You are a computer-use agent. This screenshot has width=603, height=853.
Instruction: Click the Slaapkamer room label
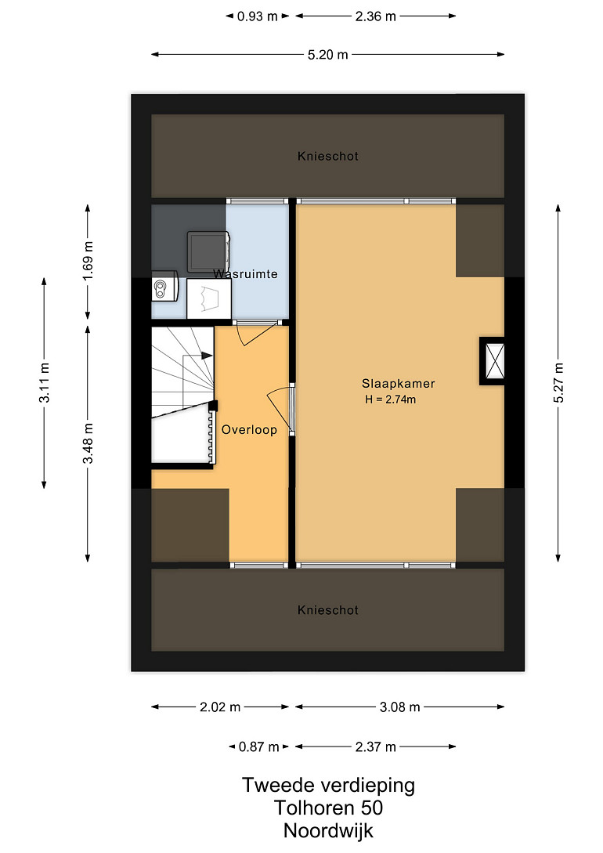click(x=398, y=384)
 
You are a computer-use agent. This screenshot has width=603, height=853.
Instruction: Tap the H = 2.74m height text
click(x=391, y=399)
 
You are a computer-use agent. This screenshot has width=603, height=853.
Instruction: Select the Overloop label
click(x=249, y=430)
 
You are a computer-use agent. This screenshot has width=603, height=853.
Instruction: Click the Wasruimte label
click(x=245, y=273)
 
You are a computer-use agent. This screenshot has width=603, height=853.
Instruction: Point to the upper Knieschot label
click(x=328, y=156)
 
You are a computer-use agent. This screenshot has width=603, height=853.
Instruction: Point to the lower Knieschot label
click(x=328, y=610)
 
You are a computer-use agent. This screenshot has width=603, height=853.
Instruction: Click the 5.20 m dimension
click(x=328, y=54)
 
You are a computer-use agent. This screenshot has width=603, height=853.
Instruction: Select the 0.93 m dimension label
click(x=257, y=16)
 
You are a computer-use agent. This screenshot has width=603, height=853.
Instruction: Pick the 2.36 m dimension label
click(x=376, y=16)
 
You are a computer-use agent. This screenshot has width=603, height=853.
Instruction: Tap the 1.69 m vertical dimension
click(x=88, y=261)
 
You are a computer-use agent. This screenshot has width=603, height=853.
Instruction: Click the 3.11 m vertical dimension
click(x=44, y=382)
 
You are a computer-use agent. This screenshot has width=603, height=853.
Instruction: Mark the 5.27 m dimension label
click(x=558, y=382)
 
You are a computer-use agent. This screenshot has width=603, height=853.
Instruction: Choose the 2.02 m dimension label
click(x=220, y=707)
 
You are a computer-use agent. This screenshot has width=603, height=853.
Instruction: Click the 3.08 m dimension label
click(x=399, y=707)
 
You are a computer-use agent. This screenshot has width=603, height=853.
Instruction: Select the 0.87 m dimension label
click(x=258, y=746)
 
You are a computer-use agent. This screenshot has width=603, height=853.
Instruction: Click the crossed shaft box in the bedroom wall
click(x=493, y=360)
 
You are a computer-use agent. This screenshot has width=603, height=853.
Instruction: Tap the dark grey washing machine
click(x=208, y=252)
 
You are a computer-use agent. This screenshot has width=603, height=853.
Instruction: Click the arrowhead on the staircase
click(x=207, y=356)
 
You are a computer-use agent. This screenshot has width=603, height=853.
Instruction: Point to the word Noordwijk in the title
click(x=328, y=831)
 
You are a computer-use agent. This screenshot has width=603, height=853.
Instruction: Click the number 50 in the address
click(x=372, y=808)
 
